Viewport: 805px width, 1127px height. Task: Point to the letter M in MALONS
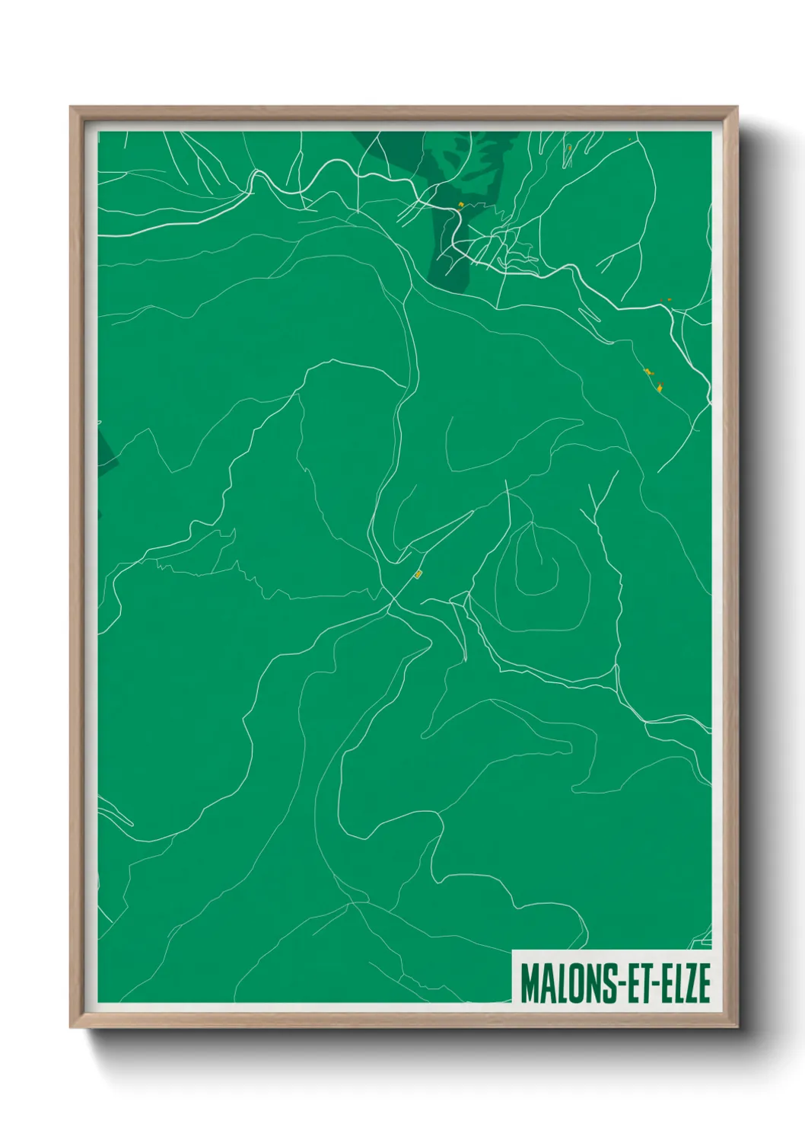coord(530,983)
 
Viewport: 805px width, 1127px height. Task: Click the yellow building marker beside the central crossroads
coord(418,573)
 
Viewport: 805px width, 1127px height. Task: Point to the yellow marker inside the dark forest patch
coord(461,204)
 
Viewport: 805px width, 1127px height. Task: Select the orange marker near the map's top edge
coord(568,147)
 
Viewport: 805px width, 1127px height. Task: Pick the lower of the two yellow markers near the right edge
coord(659,388)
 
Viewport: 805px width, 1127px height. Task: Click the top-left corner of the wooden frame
coord(72,108)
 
